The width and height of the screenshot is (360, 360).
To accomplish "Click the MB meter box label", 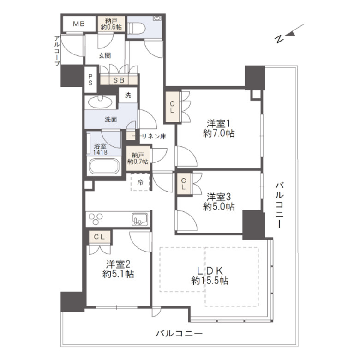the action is tap(79, 24).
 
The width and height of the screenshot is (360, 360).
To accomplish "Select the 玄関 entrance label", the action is tap(104, 55).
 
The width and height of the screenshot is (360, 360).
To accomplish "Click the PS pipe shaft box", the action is tap(90, 80).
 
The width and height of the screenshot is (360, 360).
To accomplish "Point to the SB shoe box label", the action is tap(119, 80).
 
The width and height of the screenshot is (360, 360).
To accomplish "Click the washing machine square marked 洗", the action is tap(128, 95).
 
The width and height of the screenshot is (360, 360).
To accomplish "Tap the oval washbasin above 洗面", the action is tap(100, 102).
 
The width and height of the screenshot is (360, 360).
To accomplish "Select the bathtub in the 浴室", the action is tap(104, 166).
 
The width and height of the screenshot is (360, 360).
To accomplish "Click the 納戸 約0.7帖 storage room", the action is tap(138, 158).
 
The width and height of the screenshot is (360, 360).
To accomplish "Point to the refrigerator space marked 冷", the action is tap(140, 182).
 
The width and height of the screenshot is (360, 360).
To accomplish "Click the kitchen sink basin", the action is tap(140, 220).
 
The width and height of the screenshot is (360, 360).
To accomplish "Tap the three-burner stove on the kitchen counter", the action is tap(96, 219).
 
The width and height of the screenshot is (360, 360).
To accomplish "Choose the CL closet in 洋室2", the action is tap(99, 237).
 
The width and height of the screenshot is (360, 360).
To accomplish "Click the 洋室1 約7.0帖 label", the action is tap(218, 128).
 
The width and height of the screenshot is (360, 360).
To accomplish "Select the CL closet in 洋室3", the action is tap(183, 184).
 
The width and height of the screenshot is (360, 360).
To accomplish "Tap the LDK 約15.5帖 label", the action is tap(210, 276).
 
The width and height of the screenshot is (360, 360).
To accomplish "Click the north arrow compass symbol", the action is tap(289, 34).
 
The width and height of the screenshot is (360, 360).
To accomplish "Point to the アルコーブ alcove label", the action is tap(57, 51).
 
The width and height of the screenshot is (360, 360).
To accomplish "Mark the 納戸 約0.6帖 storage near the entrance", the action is tap(111, 24).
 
